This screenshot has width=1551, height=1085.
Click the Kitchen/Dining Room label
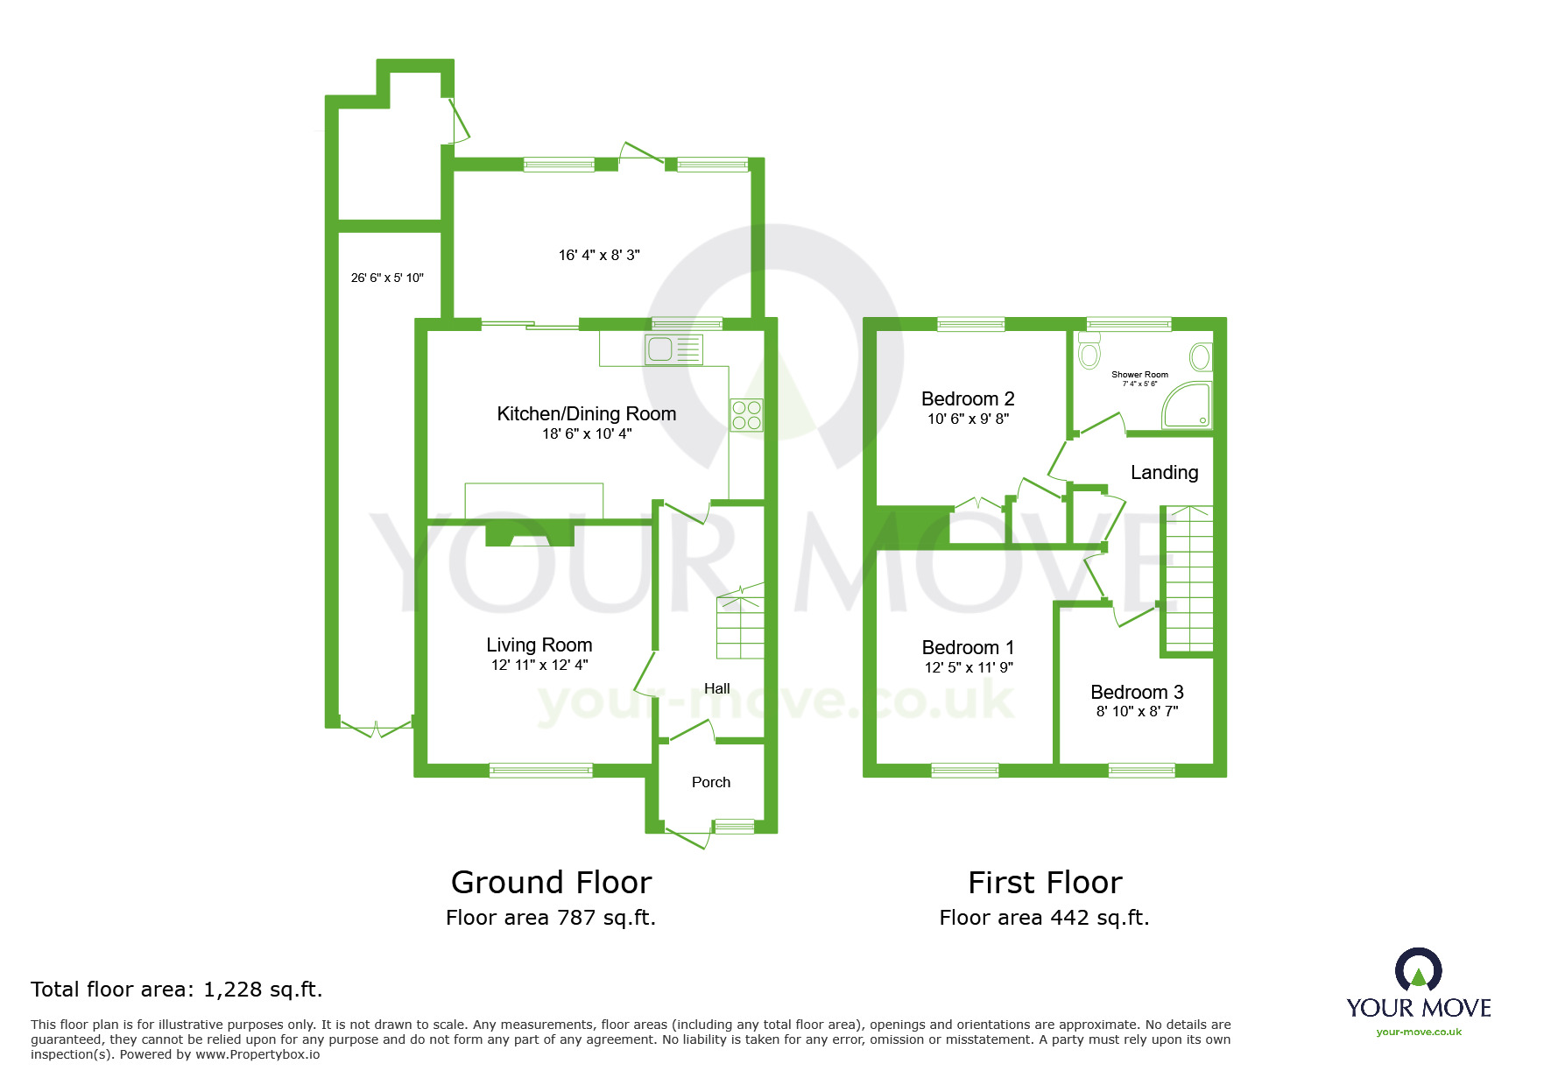586,413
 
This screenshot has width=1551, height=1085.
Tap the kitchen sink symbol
673,349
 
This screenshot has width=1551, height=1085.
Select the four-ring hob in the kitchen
746,415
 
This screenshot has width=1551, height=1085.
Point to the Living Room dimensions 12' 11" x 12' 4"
539,666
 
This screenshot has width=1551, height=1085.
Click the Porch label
711,782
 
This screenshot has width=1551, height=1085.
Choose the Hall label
717,688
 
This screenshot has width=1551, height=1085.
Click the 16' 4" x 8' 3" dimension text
599,255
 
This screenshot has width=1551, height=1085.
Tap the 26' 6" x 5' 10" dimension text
387,278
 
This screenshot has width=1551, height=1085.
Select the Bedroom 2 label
968,398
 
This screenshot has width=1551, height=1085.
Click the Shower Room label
1139,374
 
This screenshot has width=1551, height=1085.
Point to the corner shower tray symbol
1187,405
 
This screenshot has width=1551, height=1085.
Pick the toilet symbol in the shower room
1089,350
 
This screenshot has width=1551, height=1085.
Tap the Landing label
1164,473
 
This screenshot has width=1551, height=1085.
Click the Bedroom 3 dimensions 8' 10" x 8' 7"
1137,712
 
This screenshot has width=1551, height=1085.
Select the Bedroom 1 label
968,647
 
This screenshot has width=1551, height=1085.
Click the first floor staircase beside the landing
1188,579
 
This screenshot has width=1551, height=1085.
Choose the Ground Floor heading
551,882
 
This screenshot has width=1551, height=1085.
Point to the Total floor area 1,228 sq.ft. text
177,990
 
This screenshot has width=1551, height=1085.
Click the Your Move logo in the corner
1419,992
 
